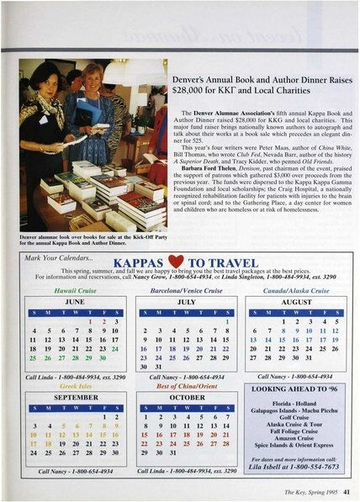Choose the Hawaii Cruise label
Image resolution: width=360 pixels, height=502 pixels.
[x=75, y=288]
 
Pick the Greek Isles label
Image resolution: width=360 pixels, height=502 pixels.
[x=75, y=388]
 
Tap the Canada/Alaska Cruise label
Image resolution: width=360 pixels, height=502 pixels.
[x=296, y=288]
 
